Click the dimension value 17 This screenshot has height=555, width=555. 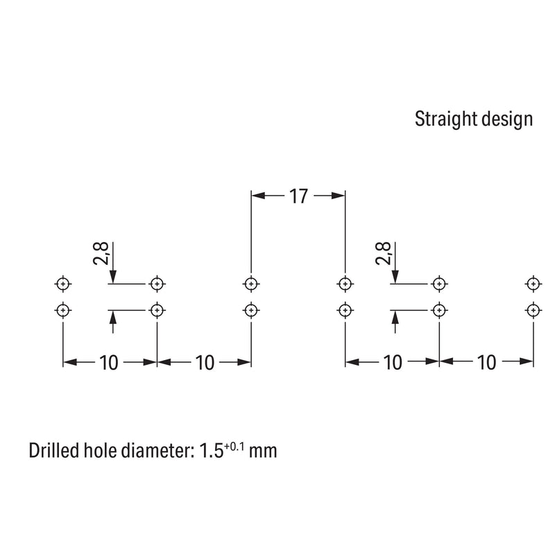click(298, 196)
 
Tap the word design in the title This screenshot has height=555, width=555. click(507, 119)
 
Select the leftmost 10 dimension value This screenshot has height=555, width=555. click(108, 362)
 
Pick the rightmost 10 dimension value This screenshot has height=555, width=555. click(486, 362)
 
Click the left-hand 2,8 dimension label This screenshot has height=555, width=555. click(101, 253)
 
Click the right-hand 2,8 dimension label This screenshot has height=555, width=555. click(383, 253)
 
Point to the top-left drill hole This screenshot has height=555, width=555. click(63, 284)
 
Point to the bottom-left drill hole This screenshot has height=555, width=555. click(63, 310)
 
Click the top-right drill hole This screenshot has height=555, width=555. click(533, 284)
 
